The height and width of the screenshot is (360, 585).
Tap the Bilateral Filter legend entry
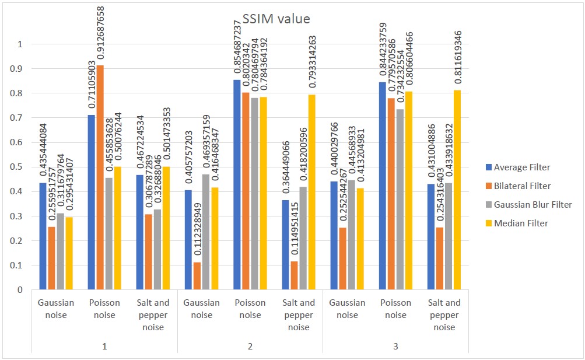[x=522, y=186]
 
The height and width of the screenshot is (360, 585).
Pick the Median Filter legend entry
[x=519, y=223]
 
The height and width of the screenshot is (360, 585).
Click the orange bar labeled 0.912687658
[x=100, y=177]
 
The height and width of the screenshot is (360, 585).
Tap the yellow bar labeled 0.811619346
[x=457, y=190]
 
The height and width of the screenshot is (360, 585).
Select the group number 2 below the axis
[x=250, y=347]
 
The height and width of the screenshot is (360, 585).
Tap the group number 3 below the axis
[x=395, y=347]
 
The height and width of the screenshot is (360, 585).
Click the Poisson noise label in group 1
[x=104, y=309]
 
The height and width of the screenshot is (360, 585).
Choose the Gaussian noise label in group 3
[x=347, y=309]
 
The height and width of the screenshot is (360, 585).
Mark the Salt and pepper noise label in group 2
[x=298, y=315]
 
